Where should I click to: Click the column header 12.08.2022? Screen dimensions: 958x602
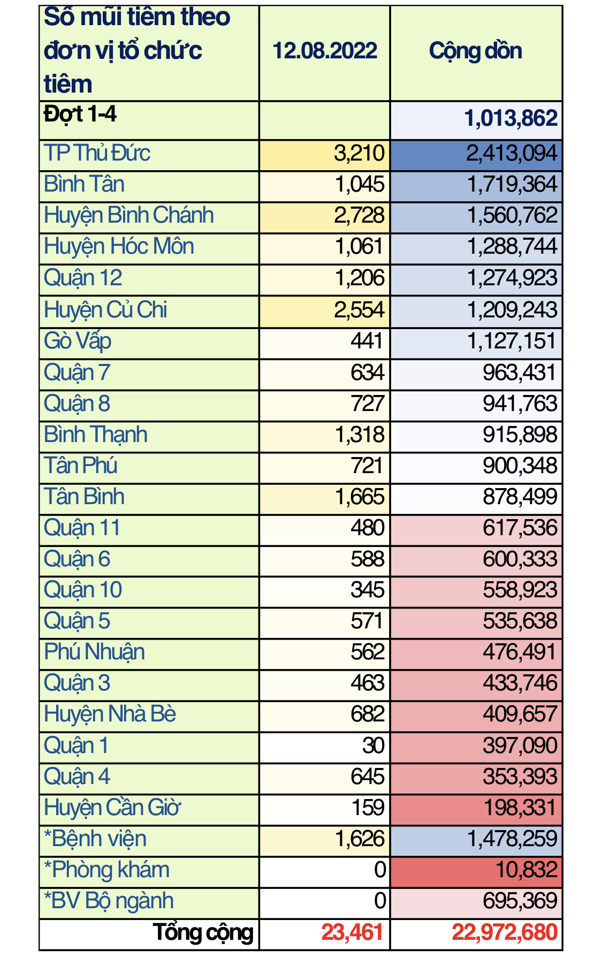click(x=325, y=51)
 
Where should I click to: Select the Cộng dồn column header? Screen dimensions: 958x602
click(x=476, y=51)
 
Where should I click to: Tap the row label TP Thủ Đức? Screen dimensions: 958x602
click(x=97, y=154)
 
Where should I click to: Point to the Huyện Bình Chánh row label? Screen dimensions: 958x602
click(x=129, y=216)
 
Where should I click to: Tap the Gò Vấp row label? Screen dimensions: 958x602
click(x=78, y=341)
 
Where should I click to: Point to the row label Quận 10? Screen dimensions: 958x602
click(x=83, y=590)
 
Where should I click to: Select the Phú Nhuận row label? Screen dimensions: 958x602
click(x=94, y=652)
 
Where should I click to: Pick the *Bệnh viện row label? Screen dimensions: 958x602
click(x=95, y=839)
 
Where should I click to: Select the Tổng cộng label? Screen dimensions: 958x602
click(x=203, y=933)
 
